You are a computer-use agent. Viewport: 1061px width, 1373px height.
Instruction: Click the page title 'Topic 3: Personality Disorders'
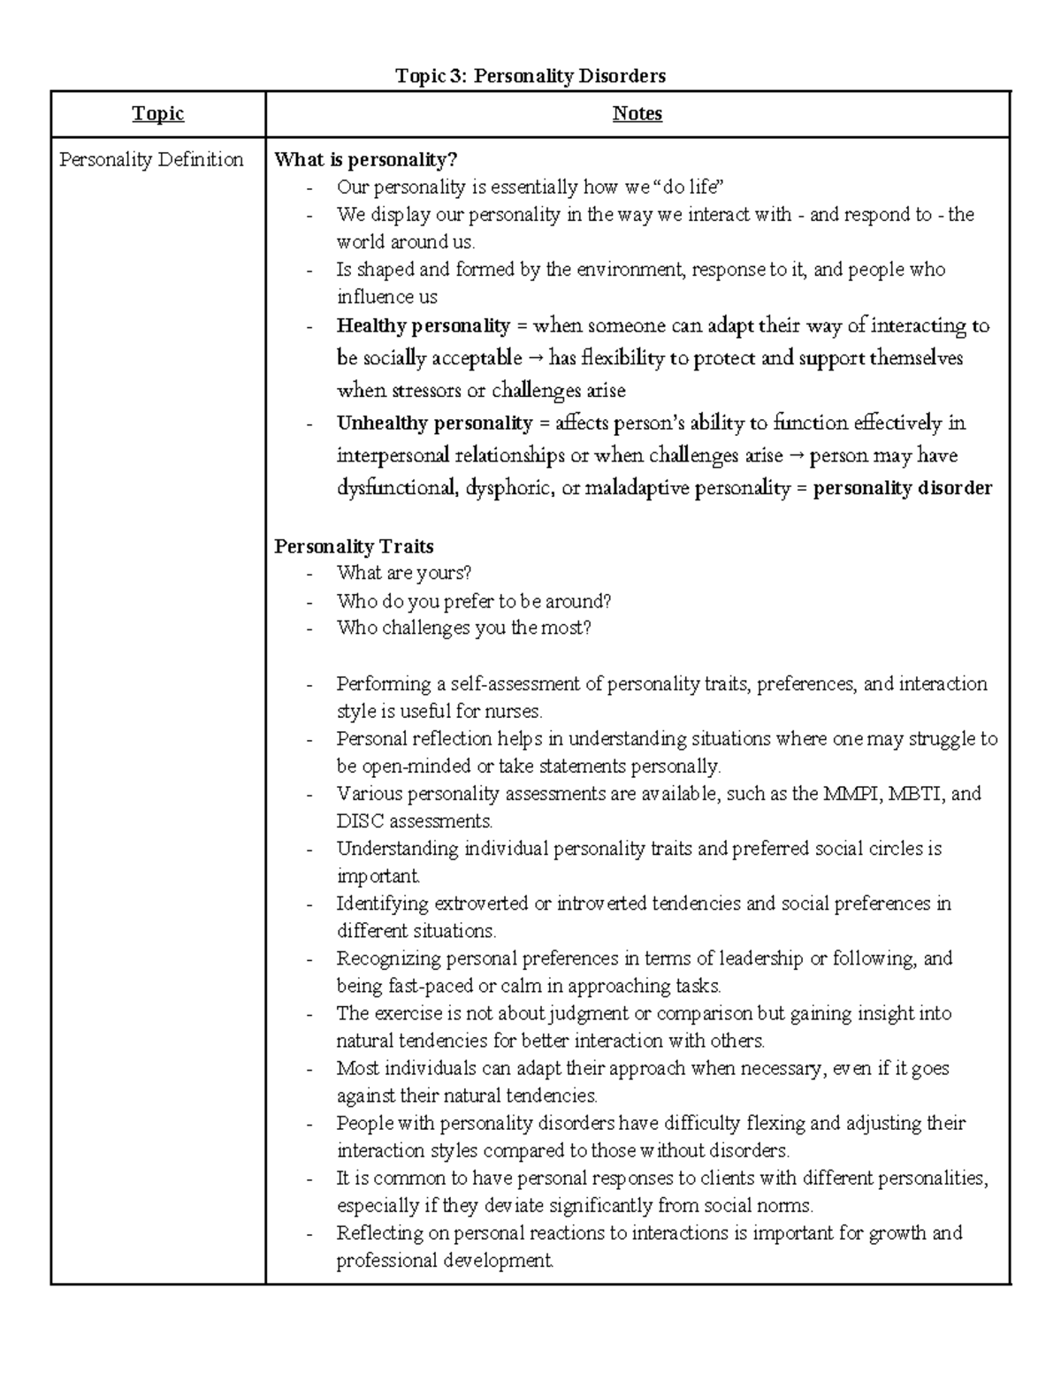point(530,76)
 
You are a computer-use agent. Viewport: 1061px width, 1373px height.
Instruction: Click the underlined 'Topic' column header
point(158,113)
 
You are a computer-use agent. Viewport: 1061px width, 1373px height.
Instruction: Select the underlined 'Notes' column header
point(637,113)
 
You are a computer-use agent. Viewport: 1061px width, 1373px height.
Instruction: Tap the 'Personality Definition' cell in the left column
point(151,160)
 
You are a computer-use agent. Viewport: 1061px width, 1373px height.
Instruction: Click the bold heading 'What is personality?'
point(366,160)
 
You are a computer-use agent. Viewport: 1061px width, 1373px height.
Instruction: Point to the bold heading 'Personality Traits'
point(354,545)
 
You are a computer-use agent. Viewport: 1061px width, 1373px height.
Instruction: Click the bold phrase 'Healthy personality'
point(424,326)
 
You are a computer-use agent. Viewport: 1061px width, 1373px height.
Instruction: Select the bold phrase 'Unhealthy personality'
point(434,423)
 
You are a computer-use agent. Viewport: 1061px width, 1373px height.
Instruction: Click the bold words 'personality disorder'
point(902,488)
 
